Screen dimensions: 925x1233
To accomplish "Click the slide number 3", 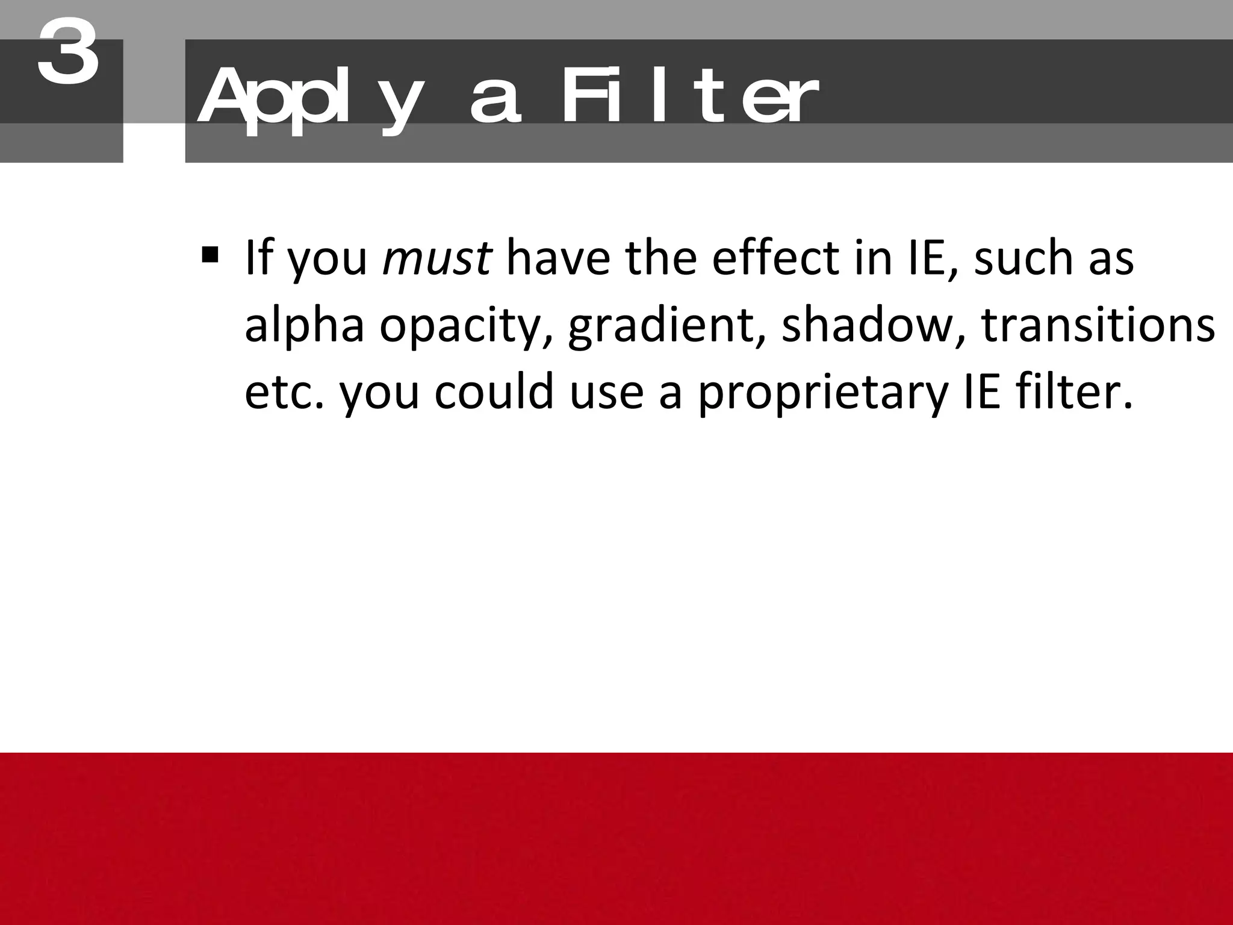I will pos(68,52).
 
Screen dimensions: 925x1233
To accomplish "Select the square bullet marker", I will pos(210,255).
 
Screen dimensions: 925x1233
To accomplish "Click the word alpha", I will pos(304,326).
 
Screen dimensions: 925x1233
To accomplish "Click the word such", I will pos(1023,258).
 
